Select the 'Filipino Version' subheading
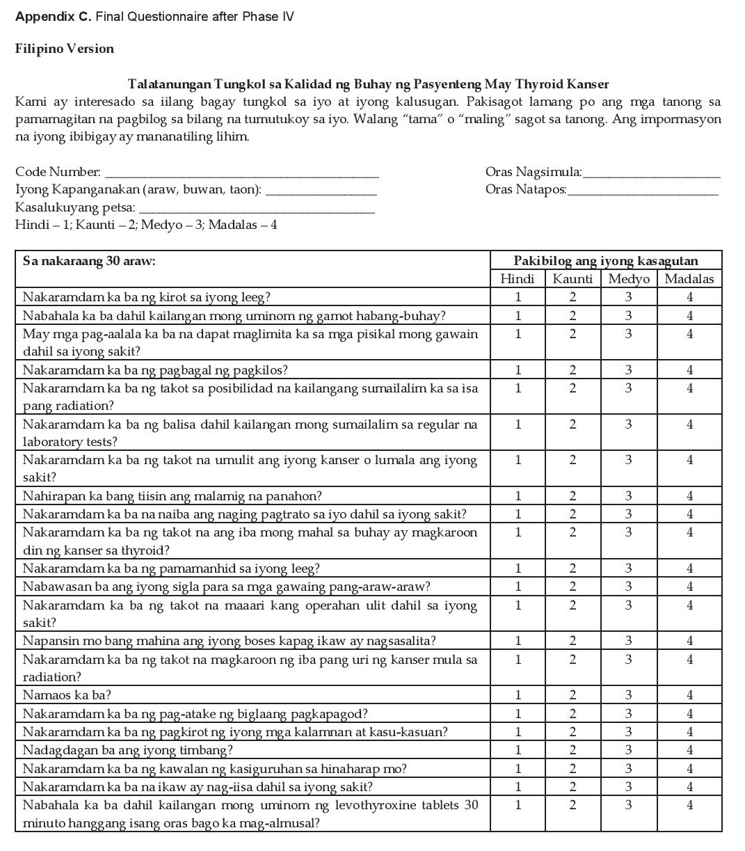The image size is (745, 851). (x=65, y=49)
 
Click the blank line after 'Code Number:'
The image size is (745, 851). (x=241, y=172)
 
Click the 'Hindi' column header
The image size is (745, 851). (x=518, y=279)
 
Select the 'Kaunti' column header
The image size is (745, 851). (x=572, y=279)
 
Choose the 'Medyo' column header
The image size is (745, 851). (x=628, y=279)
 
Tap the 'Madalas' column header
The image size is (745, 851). (x=689, y=279)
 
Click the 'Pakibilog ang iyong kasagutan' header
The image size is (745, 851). (x=605, y=261)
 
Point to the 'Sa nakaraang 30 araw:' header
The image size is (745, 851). (x=89, y=262)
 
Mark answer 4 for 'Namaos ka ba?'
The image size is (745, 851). (x=689, y=694)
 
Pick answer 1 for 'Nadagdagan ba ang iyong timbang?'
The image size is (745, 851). (x=518, y=750)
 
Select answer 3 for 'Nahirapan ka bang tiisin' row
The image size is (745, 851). (x=628, y=496)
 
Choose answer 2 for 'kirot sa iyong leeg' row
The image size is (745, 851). (x=572, y=297)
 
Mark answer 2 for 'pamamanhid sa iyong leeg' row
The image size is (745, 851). (x=572, y=568)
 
